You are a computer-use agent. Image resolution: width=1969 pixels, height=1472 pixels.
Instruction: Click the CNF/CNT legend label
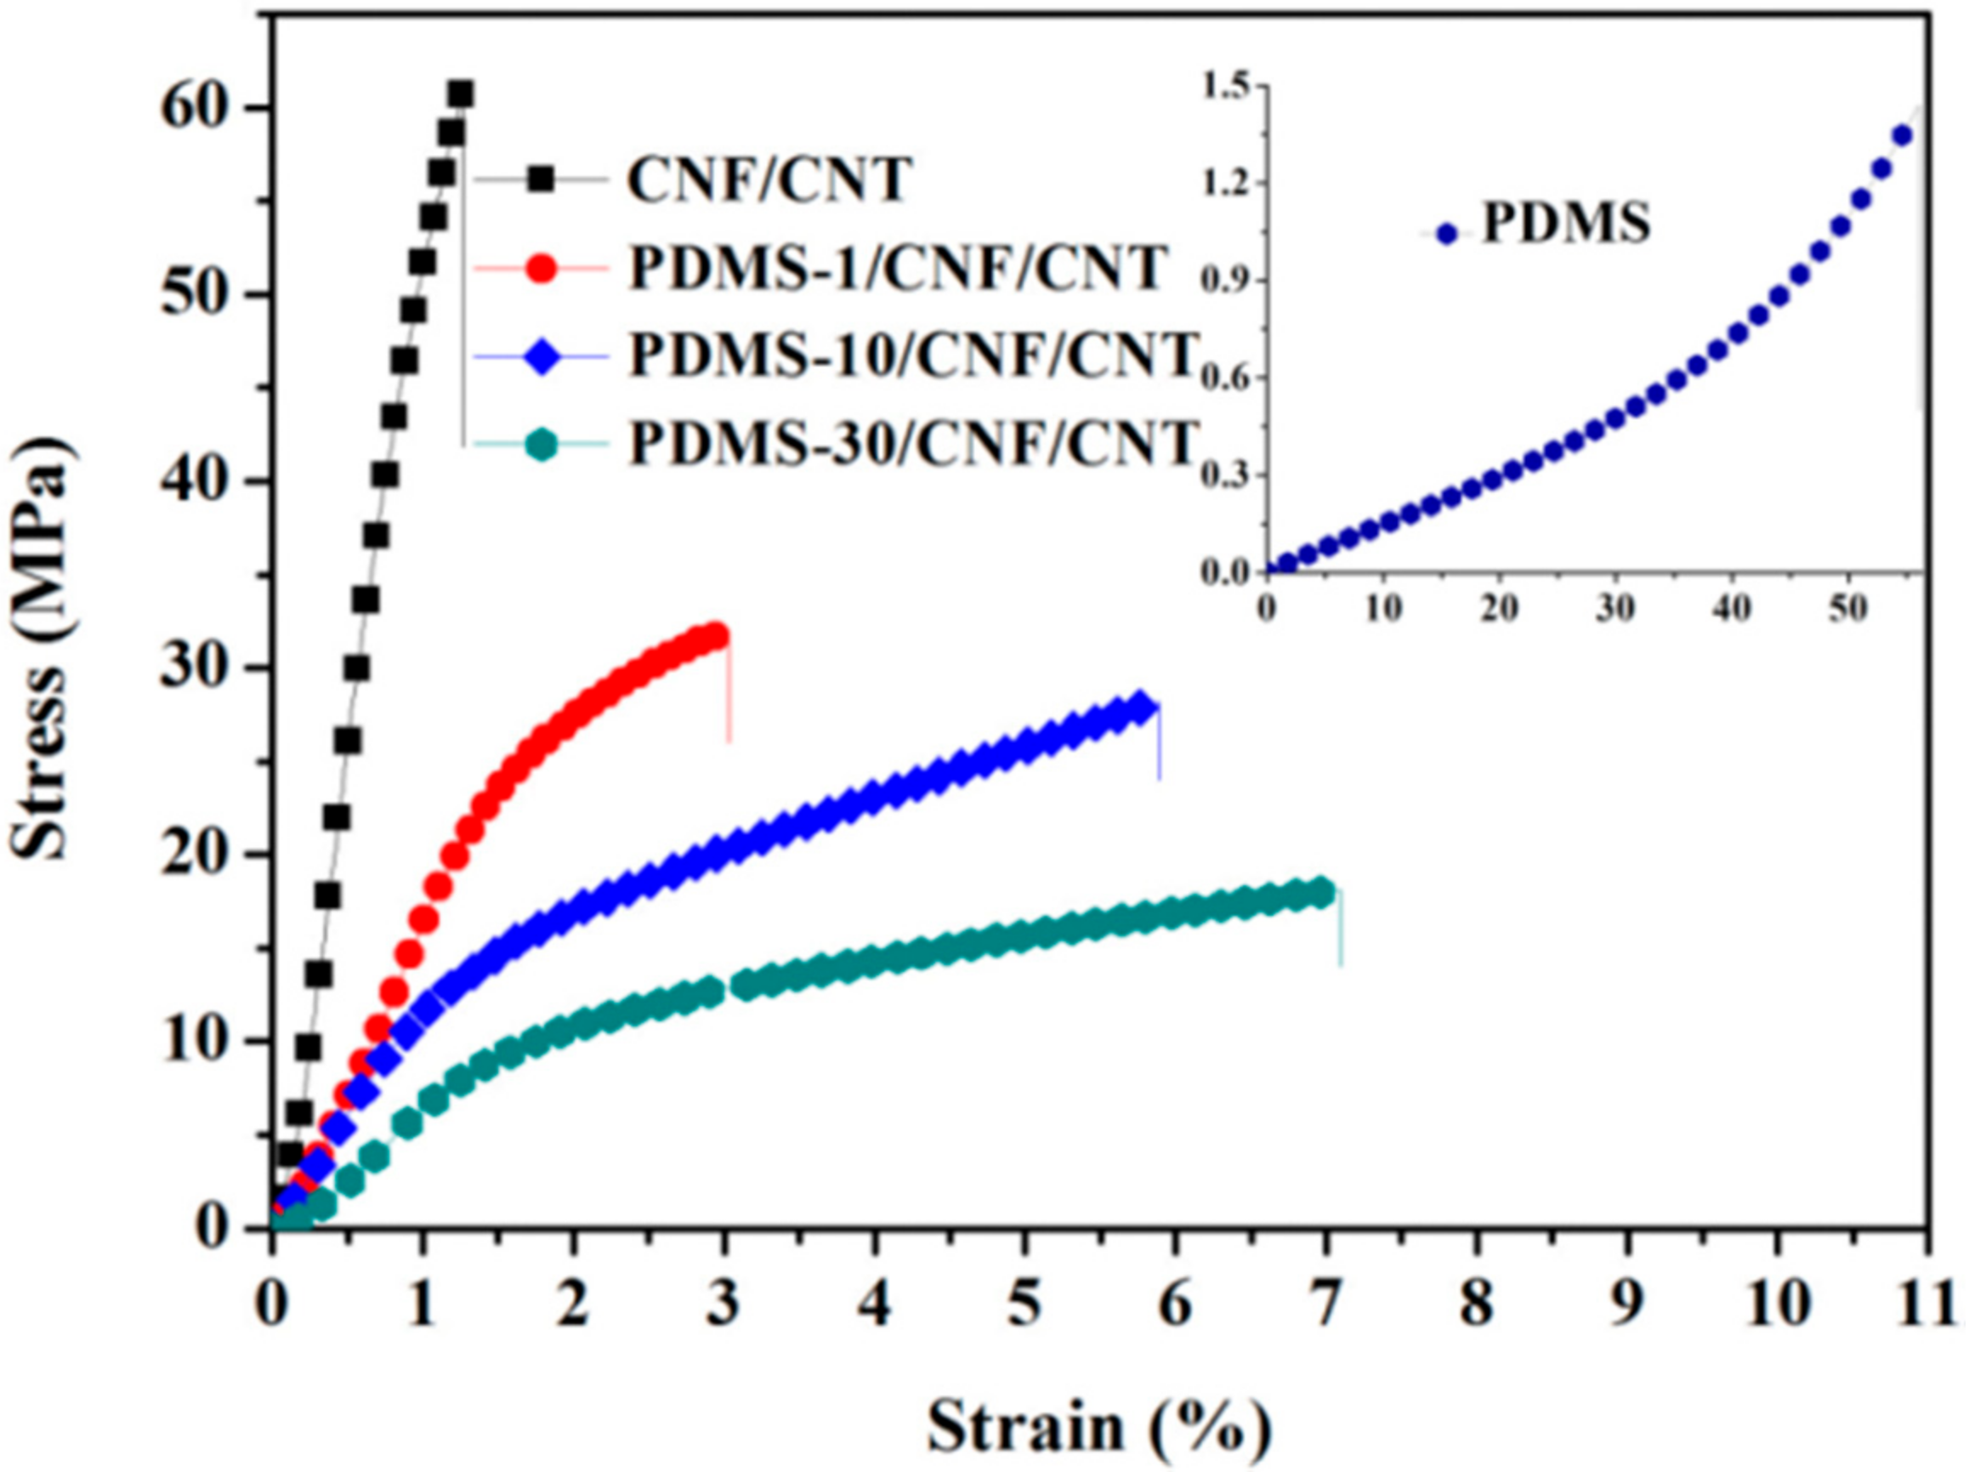click(x=769, y=179)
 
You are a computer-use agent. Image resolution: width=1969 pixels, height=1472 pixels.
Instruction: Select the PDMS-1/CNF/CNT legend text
click(x=897, y=266)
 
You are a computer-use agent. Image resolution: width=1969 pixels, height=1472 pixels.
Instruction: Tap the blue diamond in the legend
click(x=542, y=355)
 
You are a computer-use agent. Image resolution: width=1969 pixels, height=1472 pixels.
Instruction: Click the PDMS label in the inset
click(x=1566, y=224)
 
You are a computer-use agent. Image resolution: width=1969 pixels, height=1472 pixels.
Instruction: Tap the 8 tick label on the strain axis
click(x=1477, y=1306)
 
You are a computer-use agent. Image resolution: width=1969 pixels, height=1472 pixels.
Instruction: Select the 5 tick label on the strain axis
click(x=1025, y=1306)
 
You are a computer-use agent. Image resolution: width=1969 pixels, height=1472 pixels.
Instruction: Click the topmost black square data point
click(x=460, y=94)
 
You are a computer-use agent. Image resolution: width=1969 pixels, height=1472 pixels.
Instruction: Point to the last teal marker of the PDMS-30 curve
click(x=1323, y=892)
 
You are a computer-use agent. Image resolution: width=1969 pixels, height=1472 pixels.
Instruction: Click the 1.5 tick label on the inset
click(x=1229, y=87)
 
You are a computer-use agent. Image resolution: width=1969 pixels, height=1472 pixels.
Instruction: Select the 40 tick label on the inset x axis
click(x=1731, y=608)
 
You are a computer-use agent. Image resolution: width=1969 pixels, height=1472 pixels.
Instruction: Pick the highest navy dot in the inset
click(x=1902, y=135)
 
